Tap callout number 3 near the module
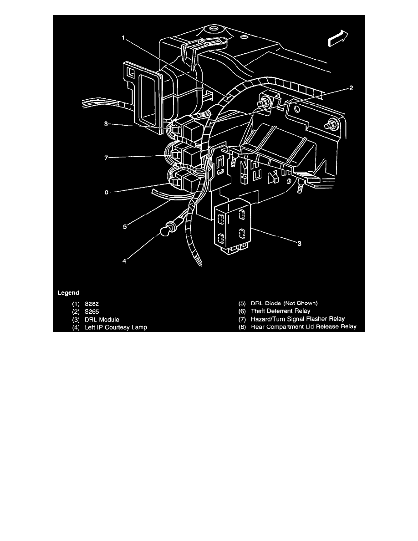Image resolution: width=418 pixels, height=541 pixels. pos(299,244)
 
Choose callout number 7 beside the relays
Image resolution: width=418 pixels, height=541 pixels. pos(106,158)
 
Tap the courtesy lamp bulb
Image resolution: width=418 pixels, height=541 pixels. pos(164,231)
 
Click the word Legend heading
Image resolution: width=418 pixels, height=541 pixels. pos(68,292)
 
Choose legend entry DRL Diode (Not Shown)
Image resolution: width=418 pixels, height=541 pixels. pos(285,303)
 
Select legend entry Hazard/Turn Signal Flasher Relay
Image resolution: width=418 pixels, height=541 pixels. pos(297,319)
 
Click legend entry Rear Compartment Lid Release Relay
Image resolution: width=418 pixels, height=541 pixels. pos(303,327)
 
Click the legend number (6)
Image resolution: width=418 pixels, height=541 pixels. pos(243,311)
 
